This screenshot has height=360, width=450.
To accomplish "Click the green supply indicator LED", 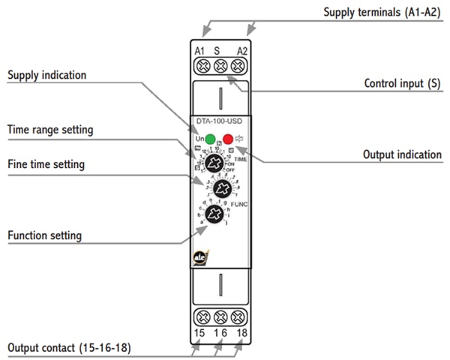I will (210, 139).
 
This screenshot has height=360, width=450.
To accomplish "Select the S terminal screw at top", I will (220, 66).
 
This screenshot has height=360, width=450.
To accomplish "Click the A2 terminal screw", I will (238, 66).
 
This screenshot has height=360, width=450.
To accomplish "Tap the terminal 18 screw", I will (238, 316).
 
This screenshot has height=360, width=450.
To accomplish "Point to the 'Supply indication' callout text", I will (46, 76).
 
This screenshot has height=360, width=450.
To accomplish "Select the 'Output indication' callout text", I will (402, 154).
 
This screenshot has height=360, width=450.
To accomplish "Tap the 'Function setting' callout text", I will (44, 235).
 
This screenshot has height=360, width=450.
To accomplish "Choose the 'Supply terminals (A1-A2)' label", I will (381, 13).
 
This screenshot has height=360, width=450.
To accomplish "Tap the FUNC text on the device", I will (239, 205).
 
